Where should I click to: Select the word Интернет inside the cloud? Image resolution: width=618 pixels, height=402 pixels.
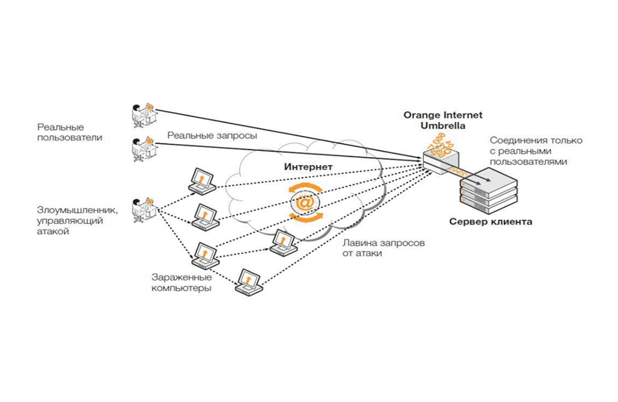[308, 167]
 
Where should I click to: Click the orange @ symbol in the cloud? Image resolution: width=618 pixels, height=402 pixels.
[304, 202]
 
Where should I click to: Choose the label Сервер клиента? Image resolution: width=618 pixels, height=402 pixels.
[490, 221]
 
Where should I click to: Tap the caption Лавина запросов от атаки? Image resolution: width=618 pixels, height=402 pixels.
[383, 248]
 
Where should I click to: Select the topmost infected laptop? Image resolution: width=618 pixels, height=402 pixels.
[202, 179]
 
